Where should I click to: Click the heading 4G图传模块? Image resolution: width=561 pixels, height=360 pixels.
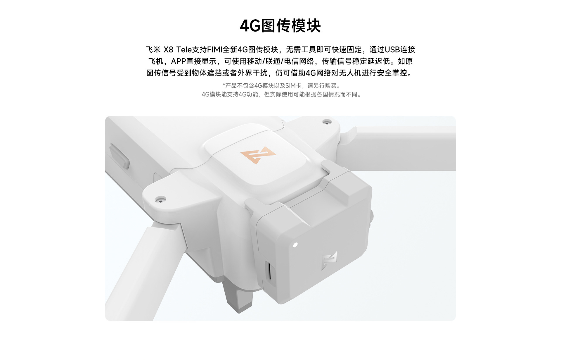point(280,26)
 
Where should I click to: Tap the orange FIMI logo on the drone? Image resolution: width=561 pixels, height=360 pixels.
point(258,155)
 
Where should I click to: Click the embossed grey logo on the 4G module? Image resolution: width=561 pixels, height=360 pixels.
point(329,260)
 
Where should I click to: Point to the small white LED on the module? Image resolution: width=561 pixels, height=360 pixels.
point(295,244)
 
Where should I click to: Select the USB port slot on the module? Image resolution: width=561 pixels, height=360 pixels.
point(269,271)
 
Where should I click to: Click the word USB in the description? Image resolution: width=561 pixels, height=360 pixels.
point(392,50)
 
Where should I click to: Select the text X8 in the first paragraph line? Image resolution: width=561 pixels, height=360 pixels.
point(168,50)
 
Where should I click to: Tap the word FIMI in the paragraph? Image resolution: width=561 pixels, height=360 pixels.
point(214,50)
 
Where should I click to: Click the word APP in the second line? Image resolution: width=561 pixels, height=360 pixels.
point(179,61)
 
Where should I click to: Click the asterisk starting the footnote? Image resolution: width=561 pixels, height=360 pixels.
point(224,85)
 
